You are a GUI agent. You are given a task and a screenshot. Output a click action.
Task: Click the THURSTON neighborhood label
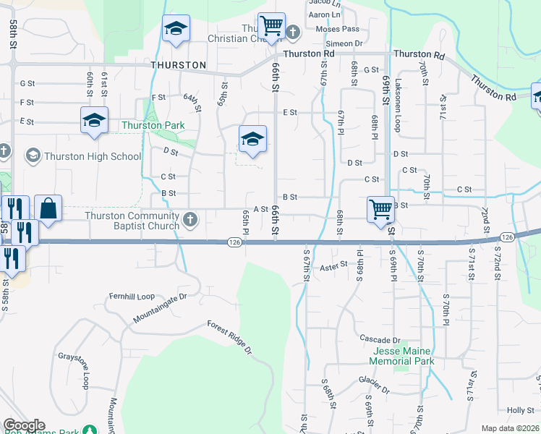click(179, 65)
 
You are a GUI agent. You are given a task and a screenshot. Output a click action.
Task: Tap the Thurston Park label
click(153, 125)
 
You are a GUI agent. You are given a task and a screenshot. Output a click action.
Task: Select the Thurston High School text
click(93, 156)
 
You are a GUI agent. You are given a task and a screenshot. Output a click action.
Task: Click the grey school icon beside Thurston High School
click(33, 156)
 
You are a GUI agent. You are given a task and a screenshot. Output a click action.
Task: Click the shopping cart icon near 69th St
click(380, 210)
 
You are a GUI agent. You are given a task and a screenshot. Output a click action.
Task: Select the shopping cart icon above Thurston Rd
click(272, 27)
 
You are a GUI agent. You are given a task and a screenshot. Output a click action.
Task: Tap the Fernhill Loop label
click(132, 297)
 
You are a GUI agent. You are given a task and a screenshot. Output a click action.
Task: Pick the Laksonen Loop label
click(398, 105)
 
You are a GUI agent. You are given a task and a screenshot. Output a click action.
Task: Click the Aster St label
click(334, 266)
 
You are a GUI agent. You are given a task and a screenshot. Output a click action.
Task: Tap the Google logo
click(24, 425)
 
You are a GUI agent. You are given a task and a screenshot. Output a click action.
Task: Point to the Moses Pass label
click(338, 29)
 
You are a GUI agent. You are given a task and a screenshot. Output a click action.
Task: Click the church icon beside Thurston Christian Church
click(293, 32)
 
